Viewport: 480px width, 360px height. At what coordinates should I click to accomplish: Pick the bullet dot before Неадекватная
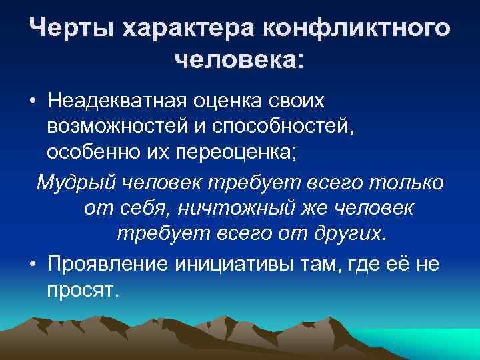32,102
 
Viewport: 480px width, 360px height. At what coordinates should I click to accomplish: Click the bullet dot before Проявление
32,261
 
